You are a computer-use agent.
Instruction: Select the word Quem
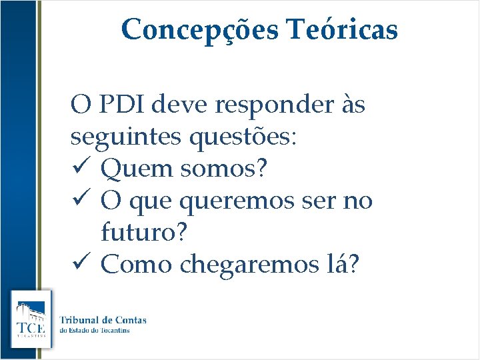tap(135, 169)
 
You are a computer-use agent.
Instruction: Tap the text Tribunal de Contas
tap(103, 320)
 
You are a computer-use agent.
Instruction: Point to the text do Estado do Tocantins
tap(103, 331)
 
